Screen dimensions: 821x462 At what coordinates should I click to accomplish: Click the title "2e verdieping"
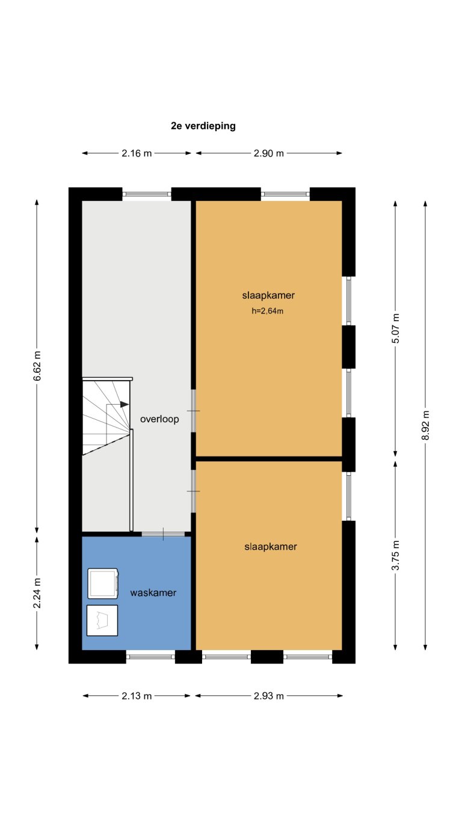tap(203, 126)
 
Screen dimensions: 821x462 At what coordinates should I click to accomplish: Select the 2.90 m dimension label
tap(268, 153)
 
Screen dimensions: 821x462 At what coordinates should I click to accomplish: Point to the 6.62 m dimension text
tap(37, 366)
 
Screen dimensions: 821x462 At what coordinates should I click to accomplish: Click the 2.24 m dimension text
tap(37, 593)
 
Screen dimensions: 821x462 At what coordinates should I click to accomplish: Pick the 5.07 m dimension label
tap(395, 328)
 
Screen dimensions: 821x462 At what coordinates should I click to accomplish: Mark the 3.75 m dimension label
tap(395, 556)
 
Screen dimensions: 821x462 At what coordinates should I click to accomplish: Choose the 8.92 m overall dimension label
tap(426, 425)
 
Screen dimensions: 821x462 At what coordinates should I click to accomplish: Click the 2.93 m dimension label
tap(268, 696)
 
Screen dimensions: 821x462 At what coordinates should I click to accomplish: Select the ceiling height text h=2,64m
tap(268, 311)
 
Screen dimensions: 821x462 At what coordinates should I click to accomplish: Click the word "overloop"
tap(159, 420)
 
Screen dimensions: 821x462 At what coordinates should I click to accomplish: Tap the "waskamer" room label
tap(153, 593)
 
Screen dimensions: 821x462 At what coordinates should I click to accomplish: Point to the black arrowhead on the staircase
tap(125, 405)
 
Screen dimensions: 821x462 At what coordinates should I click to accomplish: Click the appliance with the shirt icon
tap(102, 620)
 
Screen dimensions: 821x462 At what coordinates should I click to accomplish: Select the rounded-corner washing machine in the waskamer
tap(103, 583)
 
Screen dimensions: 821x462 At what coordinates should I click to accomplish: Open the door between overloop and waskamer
tap(163, 534)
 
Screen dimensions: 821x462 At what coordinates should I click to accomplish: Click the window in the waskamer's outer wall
tap(150, 656)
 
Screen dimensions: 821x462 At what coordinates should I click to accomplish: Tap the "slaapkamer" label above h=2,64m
tap(268, 295)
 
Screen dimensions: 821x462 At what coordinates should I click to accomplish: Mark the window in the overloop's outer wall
tap(147, 194)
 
